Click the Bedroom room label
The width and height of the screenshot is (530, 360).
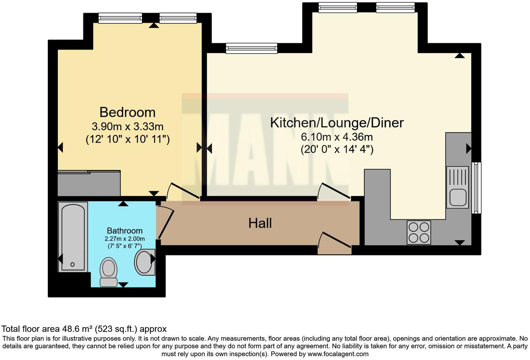coord(127,112)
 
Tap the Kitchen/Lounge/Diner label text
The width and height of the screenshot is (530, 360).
coord(337,123)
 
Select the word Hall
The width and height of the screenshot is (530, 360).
coord(260,223)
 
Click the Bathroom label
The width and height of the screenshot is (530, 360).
coord(124,231)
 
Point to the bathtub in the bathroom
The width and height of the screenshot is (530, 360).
coord(73,237)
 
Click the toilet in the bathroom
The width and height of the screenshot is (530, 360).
coord(108,272)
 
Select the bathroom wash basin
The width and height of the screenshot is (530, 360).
coord(144,262)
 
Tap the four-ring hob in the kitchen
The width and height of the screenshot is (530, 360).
coord(419,232)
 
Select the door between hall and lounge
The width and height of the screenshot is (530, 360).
coord(333,191)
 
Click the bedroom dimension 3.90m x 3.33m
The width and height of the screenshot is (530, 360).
coord(127,126)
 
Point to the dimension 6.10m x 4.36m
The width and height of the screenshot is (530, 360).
coord(337,137)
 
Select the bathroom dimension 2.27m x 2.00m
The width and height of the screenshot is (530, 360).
coord(124,239)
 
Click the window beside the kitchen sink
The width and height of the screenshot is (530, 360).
coord(476,188)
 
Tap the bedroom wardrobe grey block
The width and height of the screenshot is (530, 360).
coord(89,183)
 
